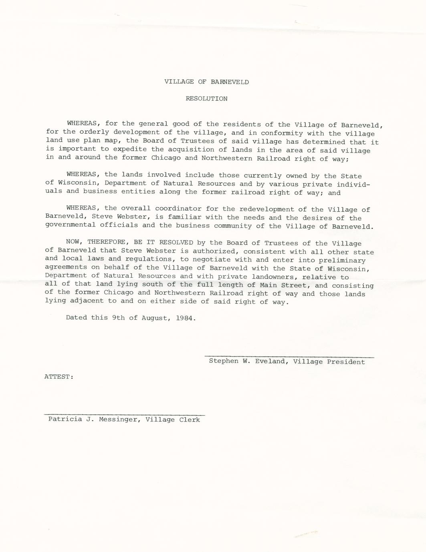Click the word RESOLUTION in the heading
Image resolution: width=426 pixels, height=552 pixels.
[x=206, y=98]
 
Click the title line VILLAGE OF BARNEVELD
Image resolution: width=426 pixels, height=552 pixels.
[x=206, y=82]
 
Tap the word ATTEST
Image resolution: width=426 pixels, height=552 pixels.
[x=58, y=377]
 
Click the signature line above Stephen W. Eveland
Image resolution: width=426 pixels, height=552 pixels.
[x=289, y=356]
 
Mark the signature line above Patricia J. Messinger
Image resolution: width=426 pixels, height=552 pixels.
[x=124, y=415]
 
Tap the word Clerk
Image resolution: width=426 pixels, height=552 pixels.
[x=190, y=420]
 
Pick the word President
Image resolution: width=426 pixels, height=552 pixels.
[x=346, y=362]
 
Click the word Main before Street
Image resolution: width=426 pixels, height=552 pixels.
[x=268, y=285]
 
